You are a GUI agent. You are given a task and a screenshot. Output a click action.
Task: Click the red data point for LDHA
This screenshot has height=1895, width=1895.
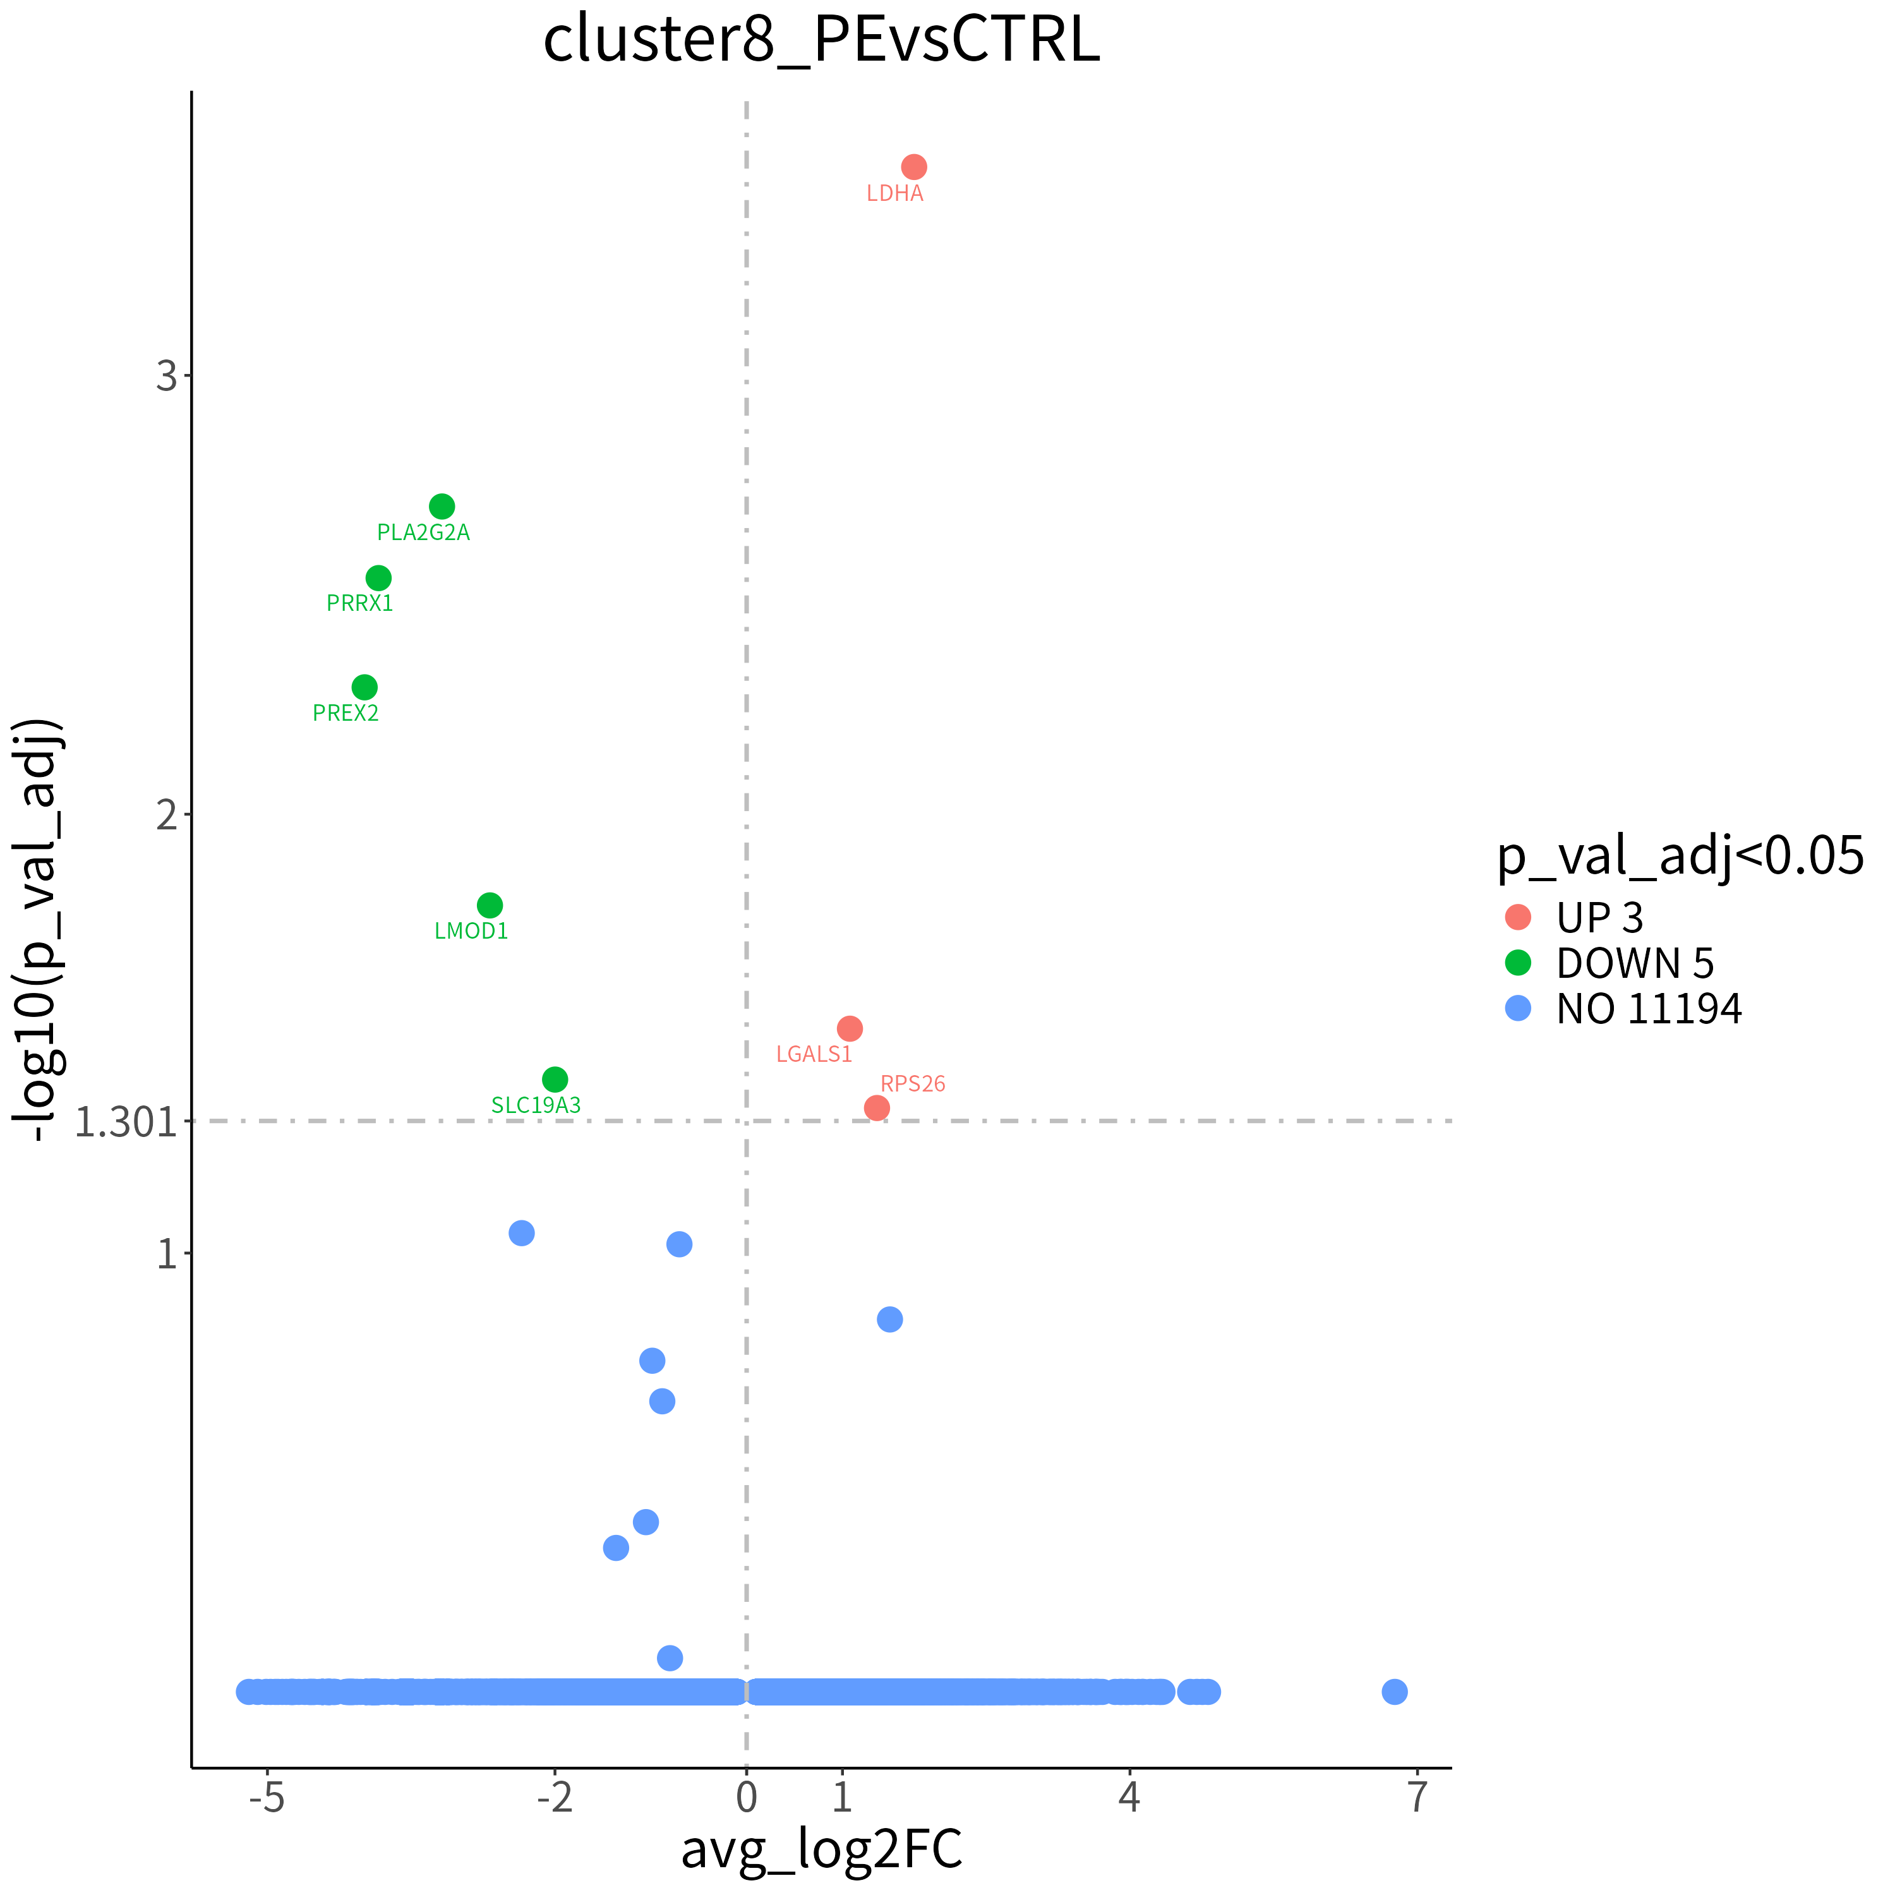pyautogui.click(x=913, y=167)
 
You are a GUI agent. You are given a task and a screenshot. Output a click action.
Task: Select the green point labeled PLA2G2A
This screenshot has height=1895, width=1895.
pyautogui.click(x=442, y=506)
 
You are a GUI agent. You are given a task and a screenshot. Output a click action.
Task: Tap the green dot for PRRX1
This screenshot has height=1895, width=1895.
pyautogui.click(x=378, y=578)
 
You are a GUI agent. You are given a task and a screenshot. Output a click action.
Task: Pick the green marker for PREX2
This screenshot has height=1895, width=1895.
pyautogui.click(x=364, y=687)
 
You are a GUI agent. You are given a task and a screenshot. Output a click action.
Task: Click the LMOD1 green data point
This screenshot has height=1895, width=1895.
pyautogui.click(x=490, y=905)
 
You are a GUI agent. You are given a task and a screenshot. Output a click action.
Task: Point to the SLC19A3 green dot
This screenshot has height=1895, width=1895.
pyautogui.click(x=555, y=1079)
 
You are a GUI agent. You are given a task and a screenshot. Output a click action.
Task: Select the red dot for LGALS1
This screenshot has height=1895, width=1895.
pyautogui.click(x=850, y=1028)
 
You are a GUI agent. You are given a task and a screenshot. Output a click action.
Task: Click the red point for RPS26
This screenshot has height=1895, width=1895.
pyautogui.click(x=877, y=1107)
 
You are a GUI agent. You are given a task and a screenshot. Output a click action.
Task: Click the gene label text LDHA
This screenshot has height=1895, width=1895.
pyautogui.click(x=894, y=193)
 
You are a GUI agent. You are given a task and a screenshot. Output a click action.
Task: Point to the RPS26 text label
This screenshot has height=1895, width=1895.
pyautogui.click(x=913, y=1084)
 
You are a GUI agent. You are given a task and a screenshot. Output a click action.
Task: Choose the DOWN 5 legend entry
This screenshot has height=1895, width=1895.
pyautogui.click(x=1609, y=963)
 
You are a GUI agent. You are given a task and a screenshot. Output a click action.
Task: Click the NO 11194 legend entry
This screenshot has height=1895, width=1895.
pyautogui.click(x=1623, y=1008)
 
